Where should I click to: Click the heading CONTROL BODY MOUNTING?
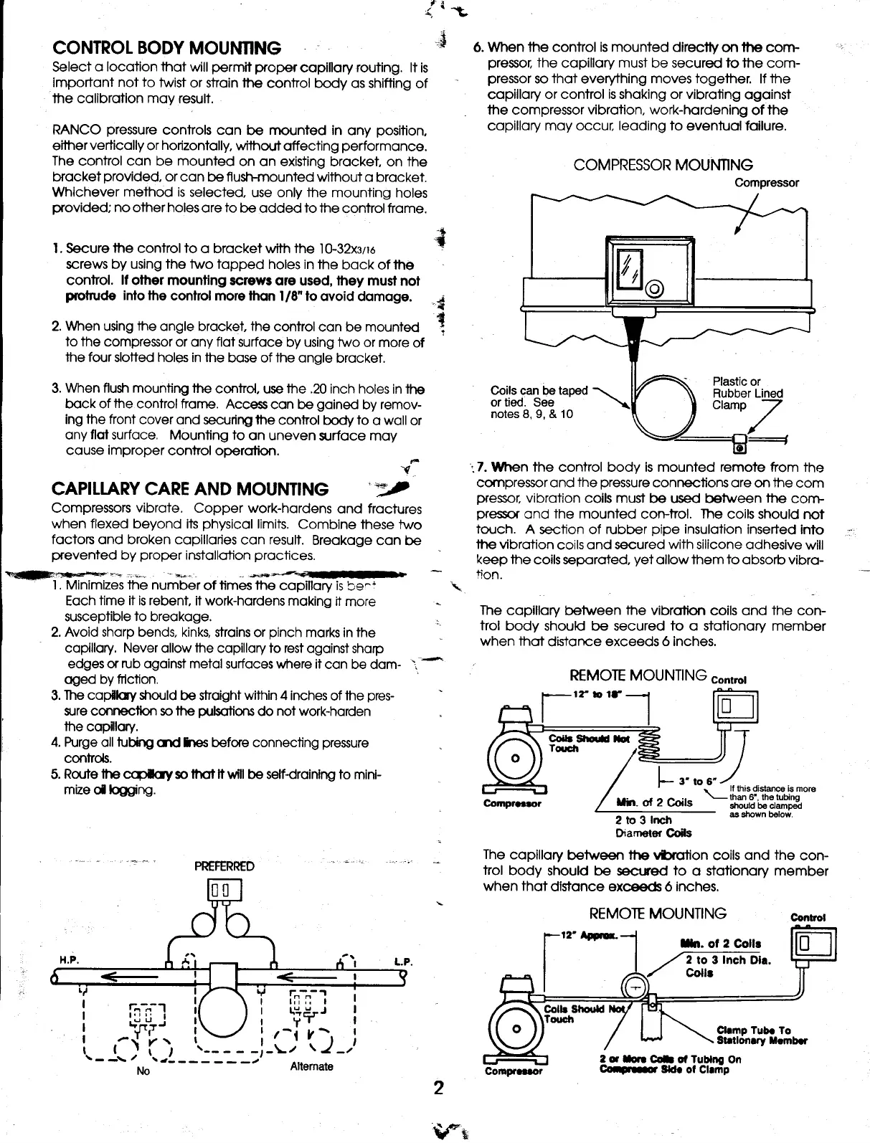click(x=167, y=49)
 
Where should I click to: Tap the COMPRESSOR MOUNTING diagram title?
click(x=663, y=165)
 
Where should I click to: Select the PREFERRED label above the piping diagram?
click(x=224, y=866)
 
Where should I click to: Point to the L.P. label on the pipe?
click(x=401, y=961)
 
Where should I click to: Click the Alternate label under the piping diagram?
click(x=311, y=1066)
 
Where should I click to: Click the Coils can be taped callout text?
click(x=539, y=402)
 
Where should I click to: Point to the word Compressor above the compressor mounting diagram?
click(x=767, y=183)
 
